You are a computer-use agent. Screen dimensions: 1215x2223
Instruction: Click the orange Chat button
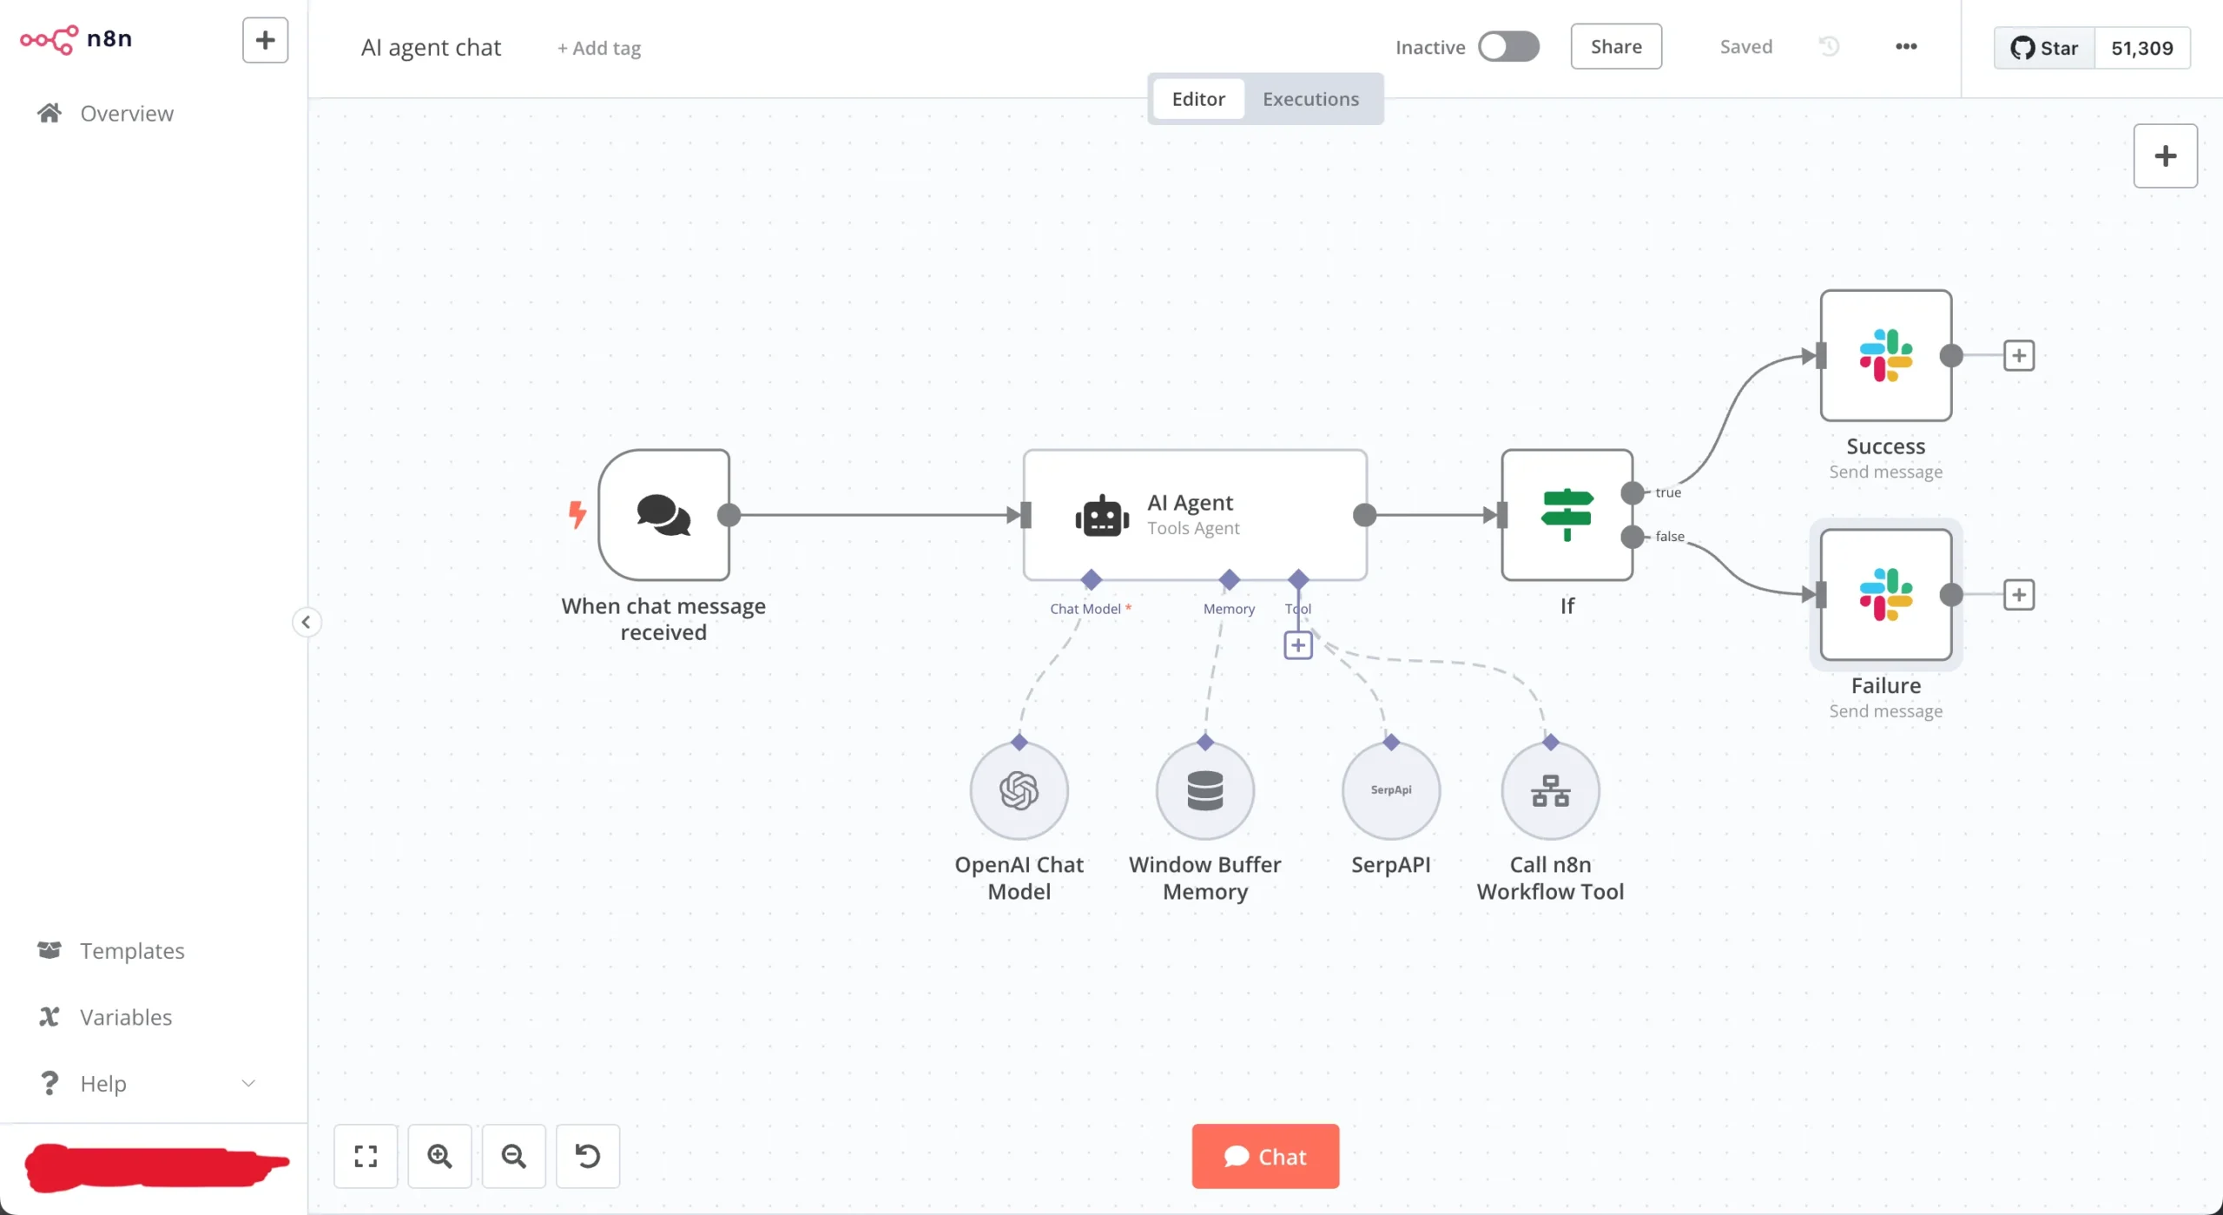click(x=1264, y=1156)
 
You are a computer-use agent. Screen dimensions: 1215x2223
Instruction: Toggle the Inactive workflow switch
click(x=1508, y=47)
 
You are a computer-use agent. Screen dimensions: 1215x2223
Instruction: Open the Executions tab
click(x=1309, y=99)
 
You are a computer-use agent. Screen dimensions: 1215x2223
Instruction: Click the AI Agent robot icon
click(x=1102, y=516)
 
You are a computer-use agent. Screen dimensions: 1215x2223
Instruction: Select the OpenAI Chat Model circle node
click(x=1019, y=790)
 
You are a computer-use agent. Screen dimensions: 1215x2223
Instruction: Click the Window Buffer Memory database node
click(x=1204, y=790)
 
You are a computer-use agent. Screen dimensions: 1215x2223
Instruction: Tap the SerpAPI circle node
click(x=1390, y=790)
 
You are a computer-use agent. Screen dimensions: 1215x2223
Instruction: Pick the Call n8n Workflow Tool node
click(x=1550, y=790)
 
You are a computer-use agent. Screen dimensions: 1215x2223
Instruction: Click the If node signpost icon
click(x=1567, y=514)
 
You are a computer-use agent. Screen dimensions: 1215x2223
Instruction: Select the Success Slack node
click(x=1885, y=355)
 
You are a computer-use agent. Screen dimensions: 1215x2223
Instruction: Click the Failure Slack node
click(x=1885, y=595)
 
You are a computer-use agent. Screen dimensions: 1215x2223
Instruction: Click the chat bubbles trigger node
click(x=663, y=515)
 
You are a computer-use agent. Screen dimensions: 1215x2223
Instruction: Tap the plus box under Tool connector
click(x=1297, y=645)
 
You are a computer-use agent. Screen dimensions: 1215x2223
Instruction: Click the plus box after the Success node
click(x=2018, y=355)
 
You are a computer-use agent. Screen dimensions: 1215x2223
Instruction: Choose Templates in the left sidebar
click(x=132, y=950)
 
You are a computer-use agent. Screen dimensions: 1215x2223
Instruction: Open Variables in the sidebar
click(x=126, y=1017)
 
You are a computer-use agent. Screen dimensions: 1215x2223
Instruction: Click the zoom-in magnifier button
click(x=439, y=1156)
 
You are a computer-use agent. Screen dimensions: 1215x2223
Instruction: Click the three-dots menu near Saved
click(x=1905, y=47)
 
